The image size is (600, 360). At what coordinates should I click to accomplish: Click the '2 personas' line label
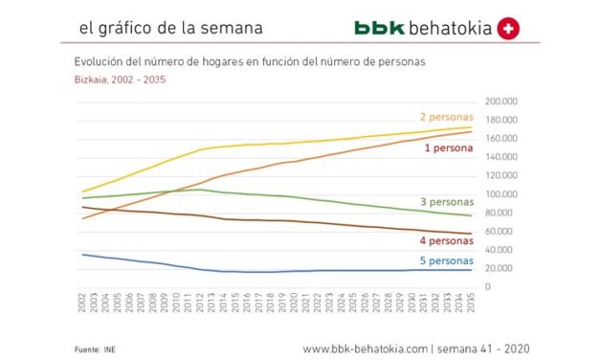coord(445,117)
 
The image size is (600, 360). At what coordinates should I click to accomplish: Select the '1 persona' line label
coord(449,150)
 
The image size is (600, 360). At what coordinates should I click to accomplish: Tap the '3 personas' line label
coord(446,203)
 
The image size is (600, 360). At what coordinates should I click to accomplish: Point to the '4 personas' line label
coord(446,241)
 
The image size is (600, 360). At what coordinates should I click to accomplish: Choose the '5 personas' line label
coord(446,260)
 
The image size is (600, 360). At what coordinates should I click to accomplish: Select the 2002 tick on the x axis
coord(83,304)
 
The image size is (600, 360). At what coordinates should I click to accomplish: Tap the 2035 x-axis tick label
coord(470,304)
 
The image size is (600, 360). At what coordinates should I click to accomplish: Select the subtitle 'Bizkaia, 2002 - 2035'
coord(120,80)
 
